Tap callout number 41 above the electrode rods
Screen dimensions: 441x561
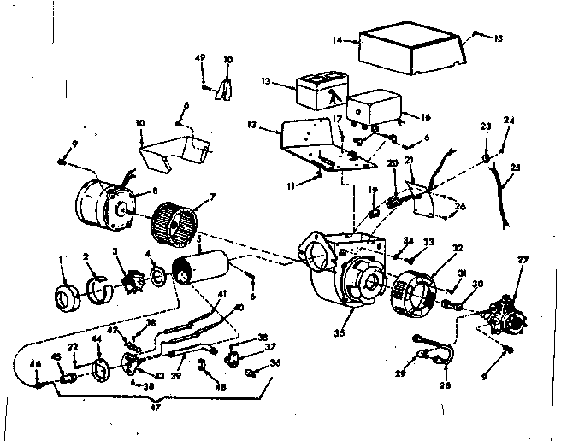pos(221,294)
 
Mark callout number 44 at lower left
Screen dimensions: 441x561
pos(96,338)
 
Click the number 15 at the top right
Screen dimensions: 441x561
pos(499,38)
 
